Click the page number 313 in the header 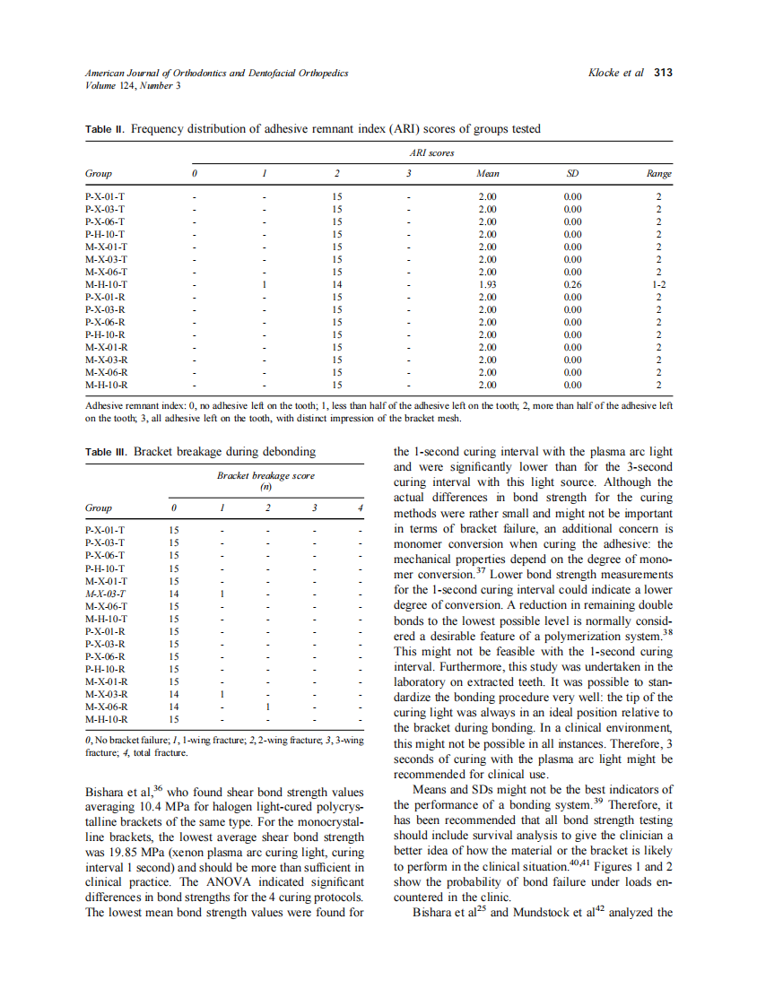pos(662,73)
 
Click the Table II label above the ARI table pos(105,129)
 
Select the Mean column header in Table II pos(488,174)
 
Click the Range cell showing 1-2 pos(659,284)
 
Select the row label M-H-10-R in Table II pos(106,385)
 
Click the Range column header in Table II pos(659,174)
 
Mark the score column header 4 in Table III pos(360,508)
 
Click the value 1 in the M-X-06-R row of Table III pos(267,706)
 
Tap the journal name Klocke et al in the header pos(615,73)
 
